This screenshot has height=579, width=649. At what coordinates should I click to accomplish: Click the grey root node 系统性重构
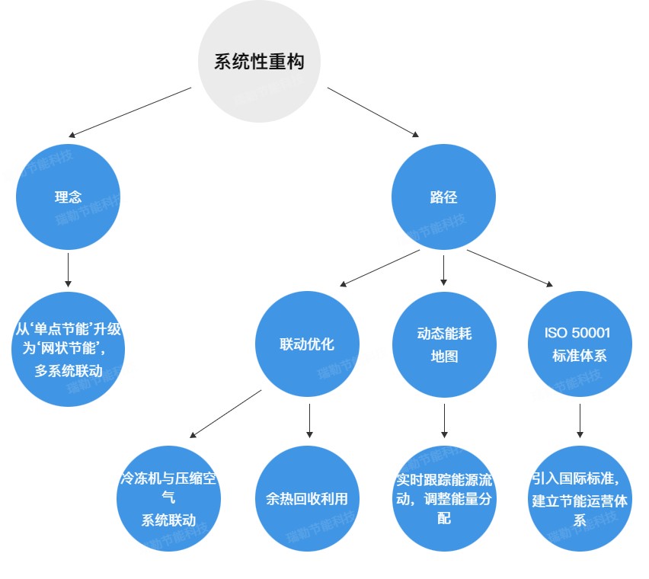(x=259, y=62)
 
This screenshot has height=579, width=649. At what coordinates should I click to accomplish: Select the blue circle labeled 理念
(x=69, y=197)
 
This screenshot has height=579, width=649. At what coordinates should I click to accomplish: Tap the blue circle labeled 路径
(x=444, y=197)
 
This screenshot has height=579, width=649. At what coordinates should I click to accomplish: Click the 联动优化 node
(x=307, y=344)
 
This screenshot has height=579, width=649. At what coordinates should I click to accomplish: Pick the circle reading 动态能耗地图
(x=444, y=344)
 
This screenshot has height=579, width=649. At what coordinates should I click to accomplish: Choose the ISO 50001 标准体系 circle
(x=580, y=344)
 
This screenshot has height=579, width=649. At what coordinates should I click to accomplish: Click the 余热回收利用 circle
(x=307, y=499)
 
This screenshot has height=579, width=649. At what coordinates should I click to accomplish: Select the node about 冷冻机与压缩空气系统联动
(x=168, y=499)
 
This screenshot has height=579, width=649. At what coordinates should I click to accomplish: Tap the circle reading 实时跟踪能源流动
(x=444, y=499)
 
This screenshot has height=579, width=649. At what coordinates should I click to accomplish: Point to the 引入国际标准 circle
(x=580, y=499)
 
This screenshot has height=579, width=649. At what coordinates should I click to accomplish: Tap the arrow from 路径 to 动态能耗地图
(x=444, y=269)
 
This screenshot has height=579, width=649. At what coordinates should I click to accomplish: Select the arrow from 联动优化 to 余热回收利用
(x=309, y=420)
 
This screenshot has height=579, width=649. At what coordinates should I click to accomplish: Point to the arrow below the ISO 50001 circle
(x=580, y=421)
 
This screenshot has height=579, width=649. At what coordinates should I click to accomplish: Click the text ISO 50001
(x=577, y=333)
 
